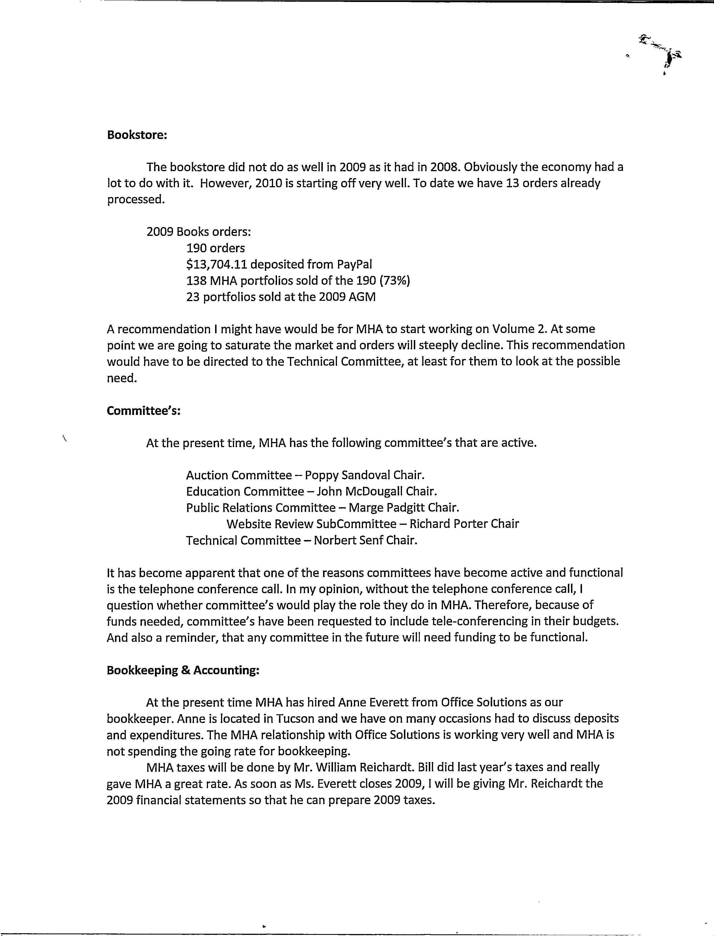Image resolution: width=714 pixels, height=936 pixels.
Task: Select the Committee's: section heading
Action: coord(144,411)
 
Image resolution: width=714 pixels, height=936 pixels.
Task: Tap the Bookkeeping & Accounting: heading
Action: coord(183,670)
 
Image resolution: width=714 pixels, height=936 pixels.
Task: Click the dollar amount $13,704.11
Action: coord(216,265)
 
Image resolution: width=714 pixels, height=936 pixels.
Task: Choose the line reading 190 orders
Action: coord(215,248)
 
